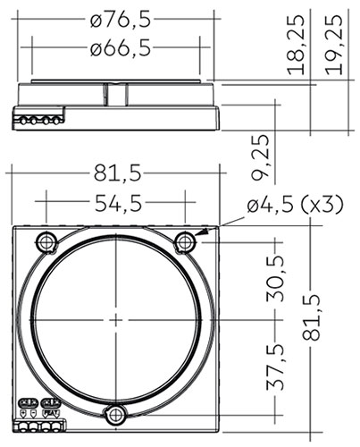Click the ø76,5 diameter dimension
[121, 20]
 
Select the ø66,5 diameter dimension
[121, 47]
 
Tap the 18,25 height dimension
[296, 45]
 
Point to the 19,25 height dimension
[333, 45]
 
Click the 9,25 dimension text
[260, 158]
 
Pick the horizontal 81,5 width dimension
[117, 173]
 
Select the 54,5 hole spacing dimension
[118, 204]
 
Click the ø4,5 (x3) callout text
[295, 205]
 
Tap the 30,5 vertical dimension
[275, 279]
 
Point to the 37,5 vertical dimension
[275, 367]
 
